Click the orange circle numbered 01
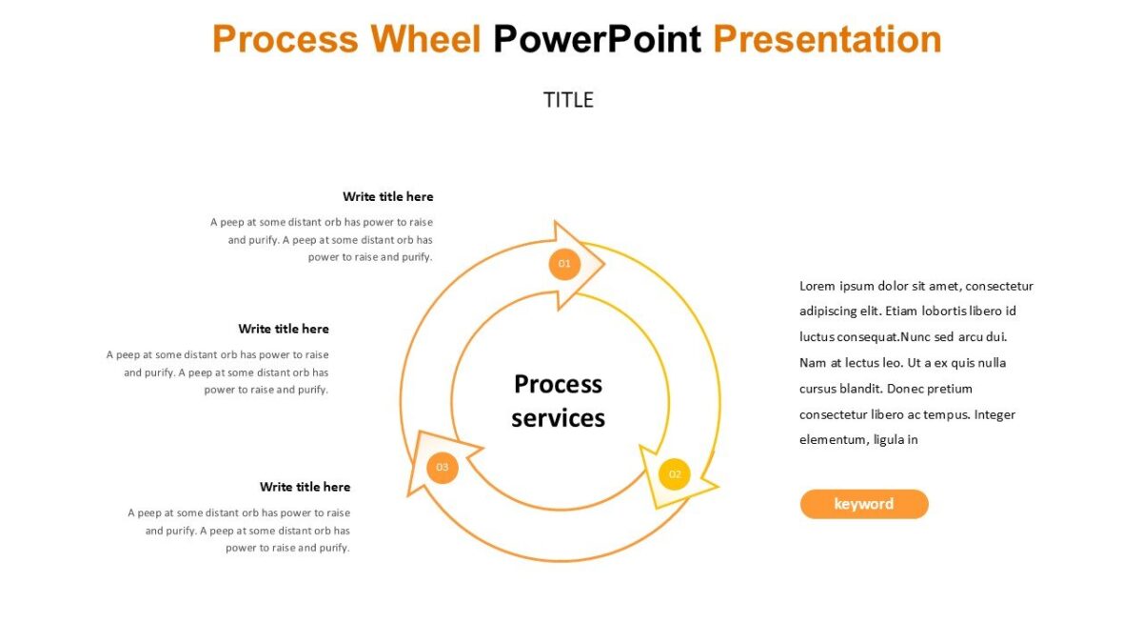click(x=564, y=264)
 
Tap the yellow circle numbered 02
click(x=675, y=474)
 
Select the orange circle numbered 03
click(x=442, y=468)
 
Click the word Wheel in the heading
click(x=425, y=40)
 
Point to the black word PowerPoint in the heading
click(x=597, y=40)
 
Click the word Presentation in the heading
click(x=827, y=40)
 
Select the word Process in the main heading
click(x=285, y=40)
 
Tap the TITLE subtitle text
click(x=568, y=100)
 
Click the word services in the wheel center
click(x=558, y=418)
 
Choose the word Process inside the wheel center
click(x=558, y=384)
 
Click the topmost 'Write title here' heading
click(x=387, y=197)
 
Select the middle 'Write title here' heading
click(x=284, y=329)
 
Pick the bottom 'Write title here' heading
click(x=305, y=487)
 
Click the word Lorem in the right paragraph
click(x=817, y=286)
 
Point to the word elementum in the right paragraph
click(x=832, y=440)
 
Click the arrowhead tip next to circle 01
click(x=603, y=266)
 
